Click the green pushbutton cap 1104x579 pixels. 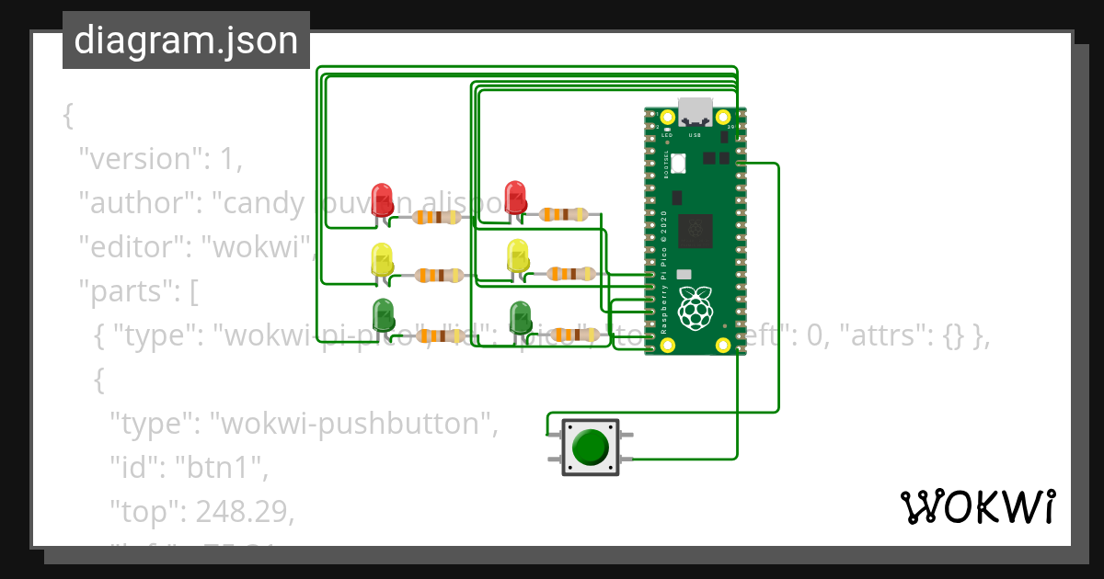click(x=590, y=447)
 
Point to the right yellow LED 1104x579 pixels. click(x=518, y=256)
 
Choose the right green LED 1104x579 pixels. click(x=520, y=317)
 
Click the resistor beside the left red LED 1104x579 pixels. click(x=437, y=218)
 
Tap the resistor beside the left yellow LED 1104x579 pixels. click(x=439, y=275)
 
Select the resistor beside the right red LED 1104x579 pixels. click(x=562, y=215)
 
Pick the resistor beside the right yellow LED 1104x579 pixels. click(x=570, y=273)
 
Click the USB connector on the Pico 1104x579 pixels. click(x=696, y=111)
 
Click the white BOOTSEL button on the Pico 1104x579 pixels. click(x=679, y=164)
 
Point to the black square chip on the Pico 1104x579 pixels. click(x=696, y=231)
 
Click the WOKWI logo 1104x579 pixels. click(x=976, y=507)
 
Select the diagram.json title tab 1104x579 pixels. click(x=186, y=40)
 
